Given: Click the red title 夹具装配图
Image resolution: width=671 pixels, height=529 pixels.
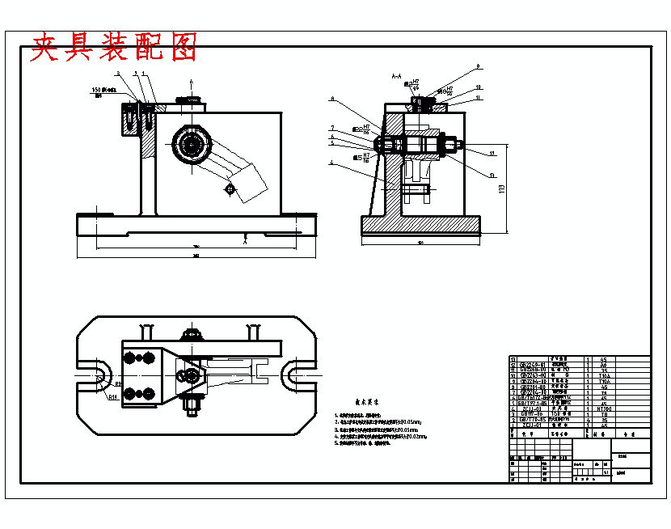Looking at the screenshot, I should tap(113, 48).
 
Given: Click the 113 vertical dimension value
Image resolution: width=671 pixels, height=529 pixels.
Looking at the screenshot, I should tap(501, 188).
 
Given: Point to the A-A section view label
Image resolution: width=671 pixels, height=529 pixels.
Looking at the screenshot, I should tap(396, 76).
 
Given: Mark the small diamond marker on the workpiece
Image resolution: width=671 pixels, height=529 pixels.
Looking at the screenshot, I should tap(230, 189).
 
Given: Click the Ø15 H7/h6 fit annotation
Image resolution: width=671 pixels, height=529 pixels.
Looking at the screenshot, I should tap(361, 157).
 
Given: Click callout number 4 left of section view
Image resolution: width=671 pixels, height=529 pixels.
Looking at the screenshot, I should tap(331, 163).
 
